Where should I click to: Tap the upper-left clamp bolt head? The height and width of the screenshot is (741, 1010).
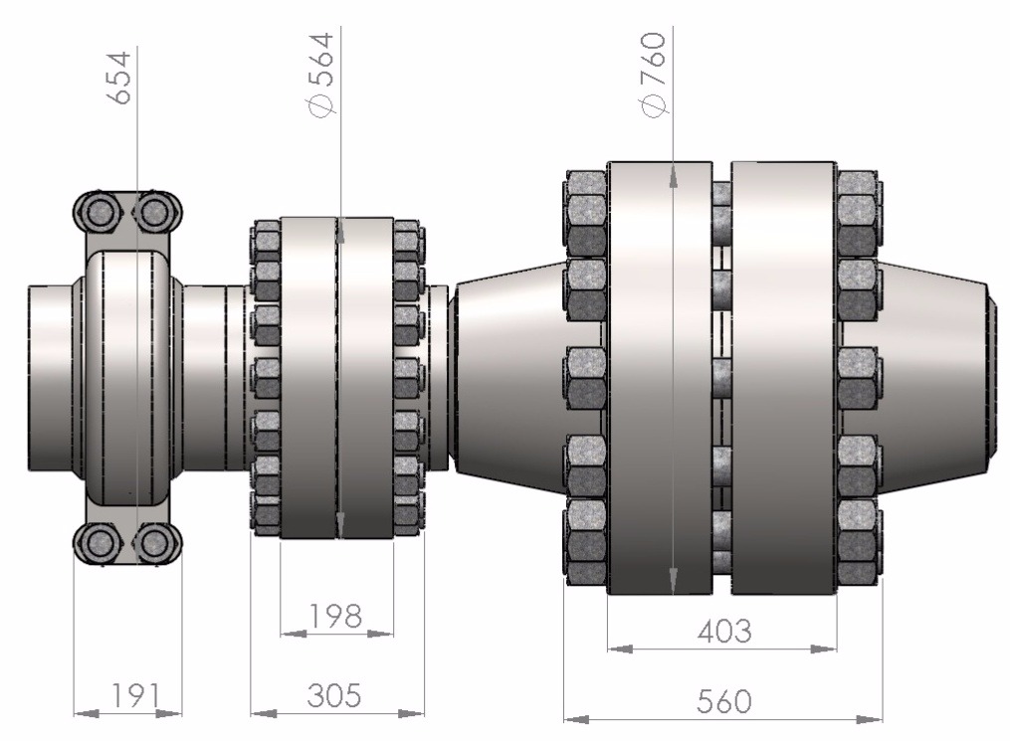point(100,211)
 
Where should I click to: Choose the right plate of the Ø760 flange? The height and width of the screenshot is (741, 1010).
point(782,378)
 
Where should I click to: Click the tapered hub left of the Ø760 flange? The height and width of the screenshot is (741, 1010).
point(507,378)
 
